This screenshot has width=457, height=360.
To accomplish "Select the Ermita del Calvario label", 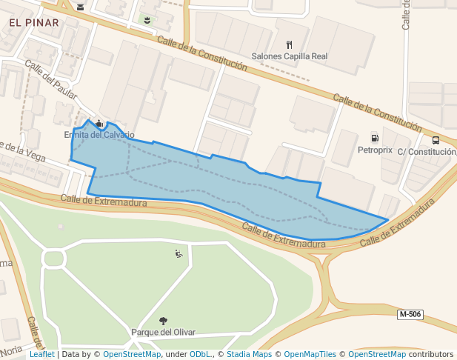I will click(99, 135).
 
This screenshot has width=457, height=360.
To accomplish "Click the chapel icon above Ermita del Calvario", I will click(99, 124).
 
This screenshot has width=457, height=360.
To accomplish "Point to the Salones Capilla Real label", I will click(290, 56).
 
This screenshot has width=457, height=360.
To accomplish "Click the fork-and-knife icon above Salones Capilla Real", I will click(289, 44).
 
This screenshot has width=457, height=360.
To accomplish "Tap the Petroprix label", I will click(374, 150).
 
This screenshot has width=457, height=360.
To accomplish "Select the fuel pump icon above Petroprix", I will click(374, 138).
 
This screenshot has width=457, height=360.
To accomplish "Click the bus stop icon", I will click(436, 140).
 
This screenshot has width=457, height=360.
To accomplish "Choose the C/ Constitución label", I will click(426, 152).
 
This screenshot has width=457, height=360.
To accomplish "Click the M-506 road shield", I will click(410, 315).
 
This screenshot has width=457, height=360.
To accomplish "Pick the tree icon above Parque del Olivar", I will click(163, 321).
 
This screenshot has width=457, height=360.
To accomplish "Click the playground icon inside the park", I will click(179, 254).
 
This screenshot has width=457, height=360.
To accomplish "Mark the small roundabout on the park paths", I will click(53, 259).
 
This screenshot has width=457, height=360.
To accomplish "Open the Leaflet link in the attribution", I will click(41, 354).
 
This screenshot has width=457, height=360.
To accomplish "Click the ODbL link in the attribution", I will click(201, 354).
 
